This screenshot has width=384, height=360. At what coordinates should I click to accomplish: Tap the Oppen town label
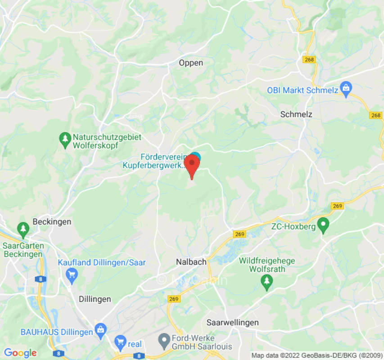[191, 63]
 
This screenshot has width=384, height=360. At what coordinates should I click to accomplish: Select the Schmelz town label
[296, 114]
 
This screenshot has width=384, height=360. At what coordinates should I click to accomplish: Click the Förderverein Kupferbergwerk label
[154, 161]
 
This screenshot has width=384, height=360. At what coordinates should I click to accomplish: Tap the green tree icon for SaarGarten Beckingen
[23, 230]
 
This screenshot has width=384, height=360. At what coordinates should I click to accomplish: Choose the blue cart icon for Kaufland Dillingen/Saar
[71, 274]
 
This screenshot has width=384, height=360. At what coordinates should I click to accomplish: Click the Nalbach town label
[191, 261]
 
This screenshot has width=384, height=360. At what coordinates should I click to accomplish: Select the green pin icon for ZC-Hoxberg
[323, 225]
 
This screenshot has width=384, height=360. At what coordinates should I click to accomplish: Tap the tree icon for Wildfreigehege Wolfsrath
[267, 282]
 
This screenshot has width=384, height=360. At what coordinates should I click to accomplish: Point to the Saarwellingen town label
[233, 323]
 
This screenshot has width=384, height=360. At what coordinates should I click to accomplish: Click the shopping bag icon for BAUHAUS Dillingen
[100, 332]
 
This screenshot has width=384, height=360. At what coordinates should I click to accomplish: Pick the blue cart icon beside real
[120, 343]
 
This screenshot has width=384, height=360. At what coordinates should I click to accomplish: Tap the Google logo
[20, 353]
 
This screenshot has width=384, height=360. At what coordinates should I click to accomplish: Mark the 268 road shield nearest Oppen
[310, 60]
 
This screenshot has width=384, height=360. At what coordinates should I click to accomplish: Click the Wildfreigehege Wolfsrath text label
[267, 265]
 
